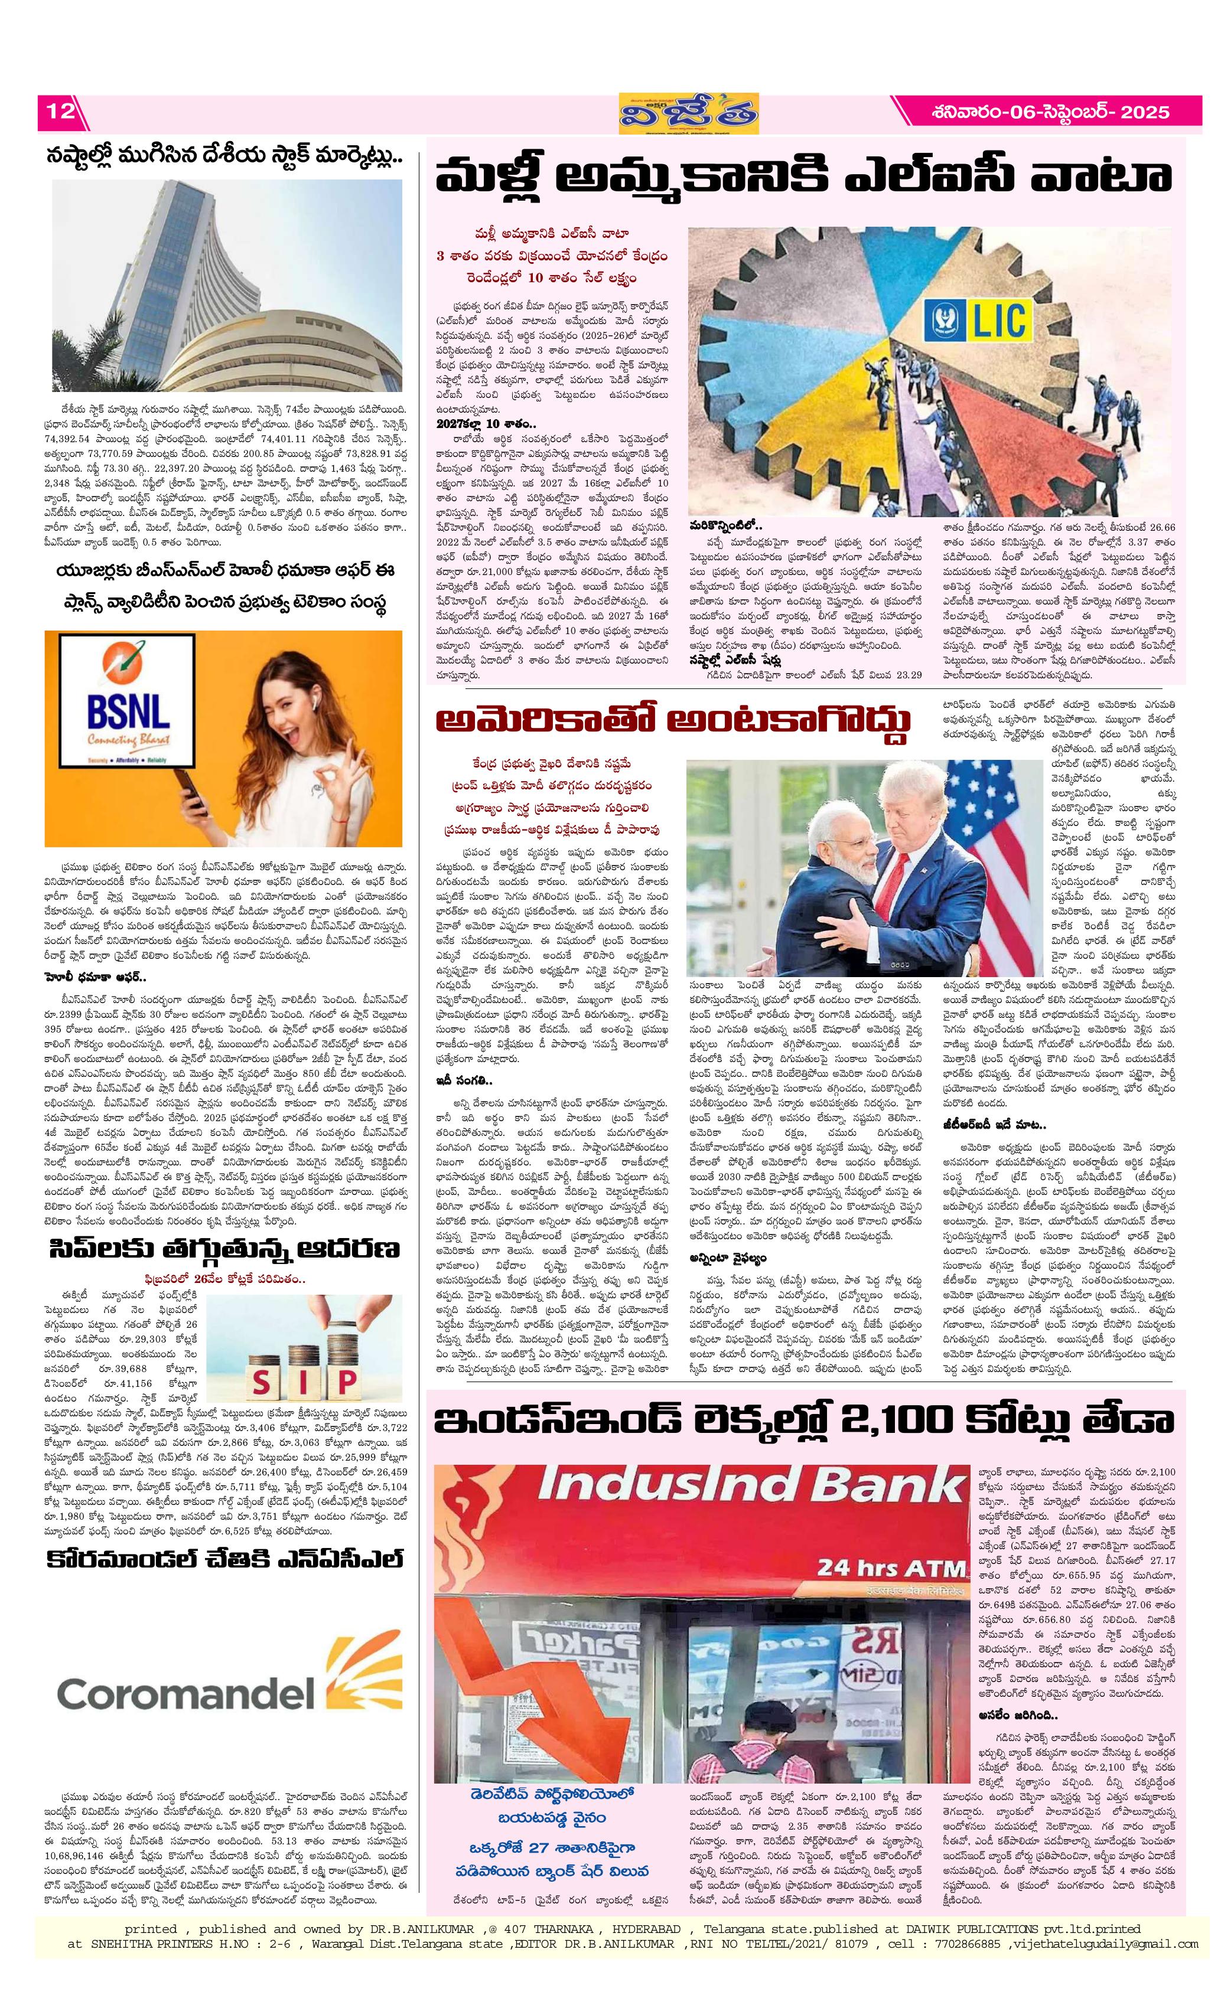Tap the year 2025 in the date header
1146,112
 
